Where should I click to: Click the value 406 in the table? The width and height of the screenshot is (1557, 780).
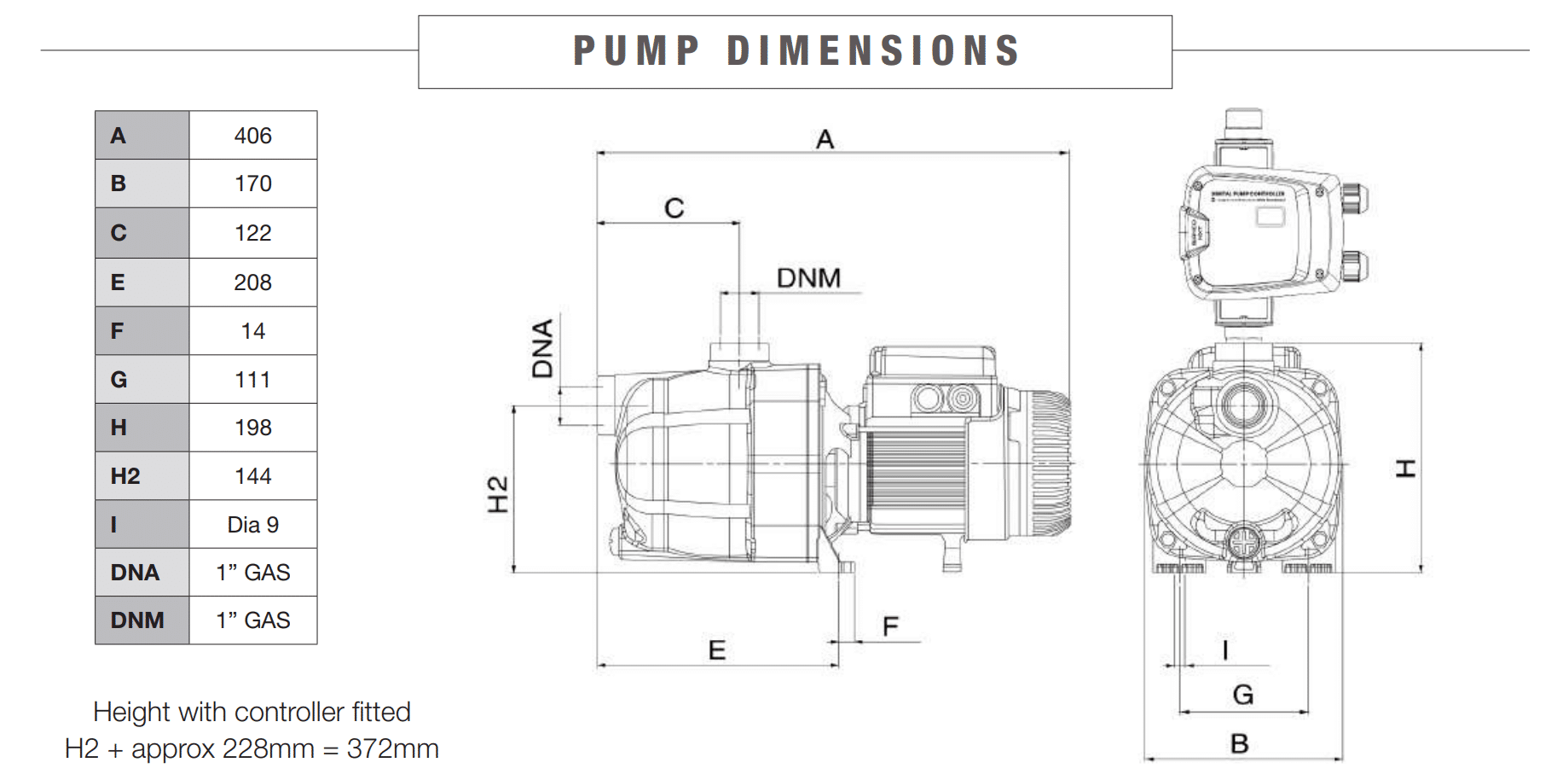pyautogui.click(x=252, y=136)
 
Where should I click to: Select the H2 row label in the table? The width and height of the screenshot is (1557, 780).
pyautogui.click(x=125, y=476)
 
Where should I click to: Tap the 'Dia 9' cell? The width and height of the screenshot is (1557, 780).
pyautogui.click(x=252, y=525)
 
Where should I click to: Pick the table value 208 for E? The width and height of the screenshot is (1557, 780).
pyautogui.click(x=252, y=282)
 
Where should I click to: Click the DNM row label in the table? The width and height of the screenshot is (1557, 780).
pyautogui.click(x=136, y=620)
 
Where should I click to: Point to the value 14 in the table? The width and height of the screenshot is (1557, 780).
pyautogui.click(x=252, y=331)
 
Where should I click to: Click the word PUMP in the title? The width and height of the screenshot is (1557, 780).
pyautogui.click(x=636, y=51)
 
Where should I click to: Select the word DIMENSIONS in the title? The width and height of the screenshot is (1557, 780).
pyautogui.click(x=874, y=51)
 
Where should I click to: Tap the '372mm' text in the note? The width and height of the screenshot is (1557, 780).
pyautogui.click(x=393, y=748)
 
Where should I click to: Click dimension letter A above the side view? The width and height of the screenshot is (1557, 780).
pyautogui.click(x=825, y=139)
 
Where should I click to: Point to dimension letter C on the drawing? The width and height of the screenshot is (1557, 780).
pyautogui.click(x=674, y=208)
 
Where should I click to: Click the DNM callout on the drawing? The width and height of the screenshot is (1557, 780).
pyautogui.click(x=808, y=278)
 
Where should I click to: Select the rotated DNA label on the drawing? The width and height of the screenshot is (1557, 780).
pyautogui.click(x=543, y=348)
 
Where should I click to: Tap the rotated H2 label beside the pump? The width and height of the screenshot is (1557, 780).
pyautogui.click(x=498, y=494)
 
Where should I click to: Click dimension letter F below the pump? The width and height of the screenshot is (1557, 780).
pyautogui.click(x=890, y=627)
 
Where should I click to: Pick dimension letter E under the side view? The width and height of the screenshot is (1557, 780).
pyautogui.click(x=717, y=650)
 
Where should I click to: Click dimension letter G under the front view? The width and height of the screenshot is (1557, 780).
pyautogui.click(x=1243, y=695)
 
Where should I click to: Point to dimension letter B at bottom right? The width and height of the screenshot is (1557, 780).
pyautogui.click(x=1240, y=744)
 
